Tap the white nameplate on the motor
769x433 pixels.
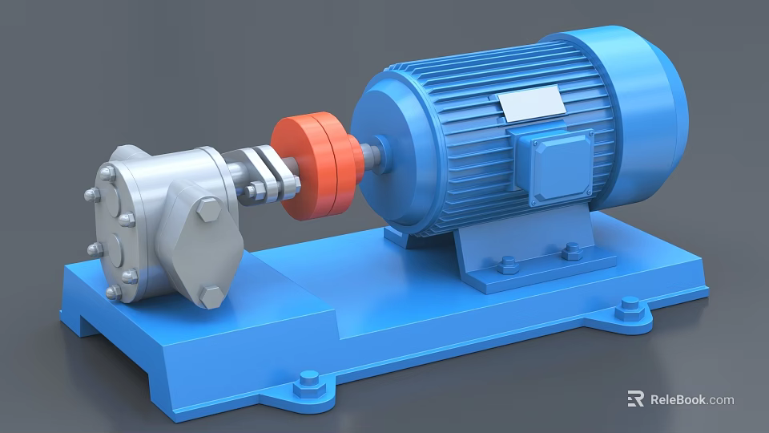pos(532,104)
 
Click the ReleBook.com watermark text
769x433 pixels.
pos(691,399)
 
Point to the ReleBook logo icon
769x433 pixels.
pos(636,399)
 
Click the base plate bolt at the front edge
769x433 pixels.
pos(308,383)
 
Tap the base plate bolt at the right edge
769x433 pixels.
pos(630,308)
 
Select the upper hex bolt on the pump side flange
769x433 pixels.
pos(208,211)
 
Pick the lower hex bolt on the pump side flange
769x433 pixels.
pos(211,296)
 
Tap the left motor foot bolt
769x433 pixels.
pos(507,265)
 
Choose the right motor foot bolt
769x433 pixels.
pos(571,251)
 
